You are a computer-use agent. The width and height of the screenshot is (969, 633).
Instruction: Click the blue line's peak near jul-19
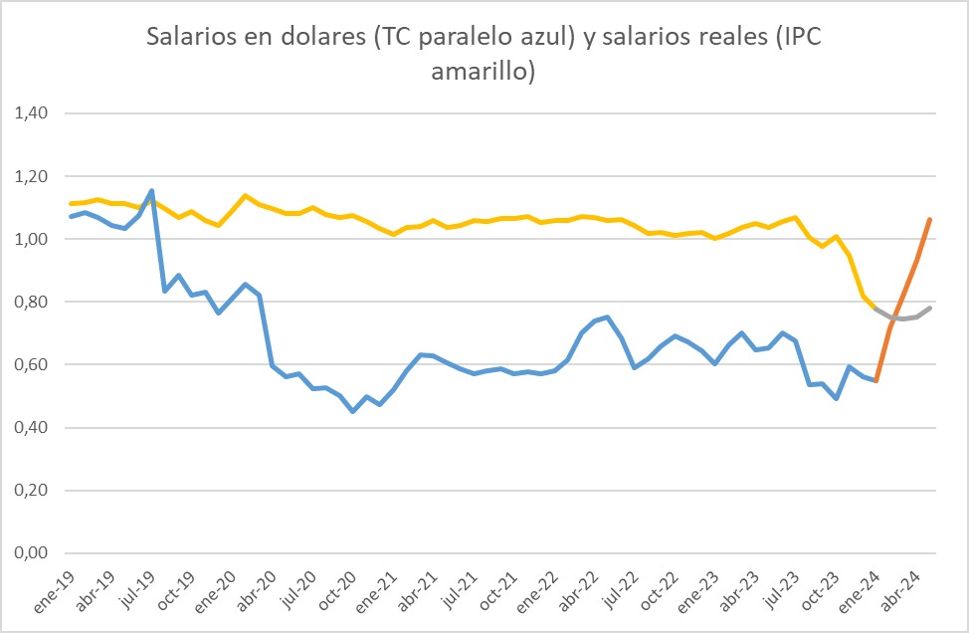151,190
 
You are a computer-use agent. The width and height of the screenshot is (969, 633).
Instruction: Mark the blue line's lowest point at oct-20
352,411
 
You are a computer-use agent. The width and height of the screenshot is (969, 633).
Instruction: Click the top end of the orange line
929,219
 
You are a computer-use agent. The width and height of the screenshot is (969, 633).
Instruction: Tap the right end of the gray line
929,309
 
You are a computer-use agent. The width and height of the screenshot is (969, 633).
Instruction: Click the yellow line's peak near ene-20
245,195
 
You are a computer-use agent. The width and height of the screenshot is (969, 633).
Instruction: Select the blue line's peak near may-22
607,317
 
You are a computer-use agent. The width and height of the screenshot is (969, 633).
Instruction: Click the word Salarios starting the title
188,37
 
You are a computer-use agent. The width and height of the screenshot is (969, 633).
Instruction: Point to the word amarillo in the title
484,72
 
